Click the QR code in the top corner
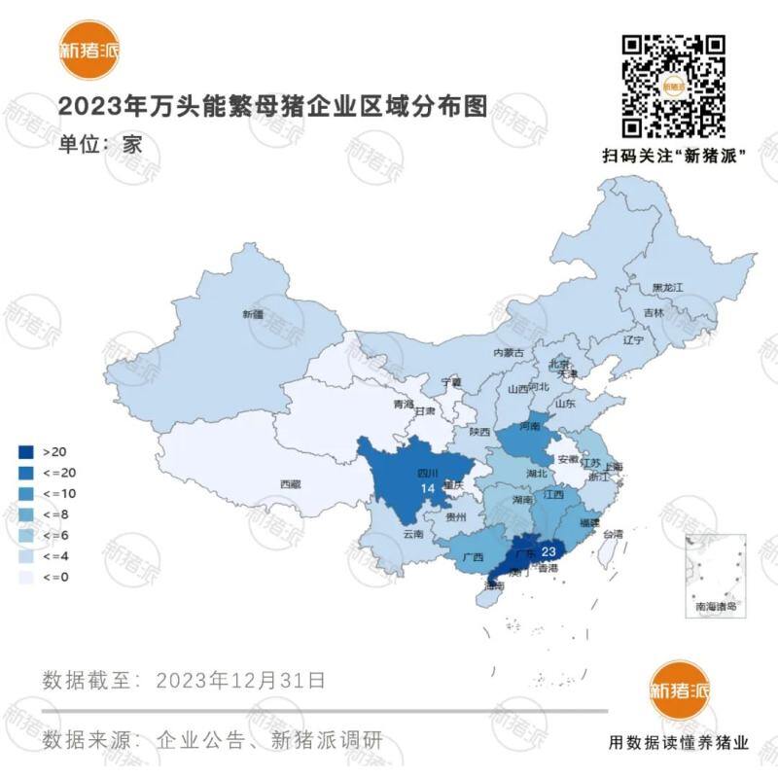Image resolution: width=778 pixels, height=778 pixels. tap(674, 86)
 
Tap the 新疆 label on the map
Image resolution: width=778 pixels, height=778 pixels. tap(253, 314)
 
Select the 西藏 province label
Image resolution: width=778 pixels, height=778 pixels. tap(290, 483)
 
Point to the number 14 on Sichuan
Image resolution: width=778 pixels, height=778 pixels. tap(427, 487)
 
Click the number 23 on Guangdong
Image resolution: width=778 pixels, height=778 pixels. tap(548, 550)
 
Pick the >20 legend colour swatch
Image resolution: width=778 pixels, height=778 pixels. tap(26, 452)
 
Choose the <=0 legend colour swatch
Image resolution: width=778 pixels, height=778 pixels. tap(26, 578)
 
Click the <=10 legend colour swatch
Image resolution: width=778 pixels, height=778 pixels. tap(26, 494)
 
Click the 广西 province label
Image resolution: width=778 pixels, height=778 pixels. tap(473, 557)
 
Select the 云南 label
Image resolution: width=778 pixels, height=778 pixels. tap(412, 534)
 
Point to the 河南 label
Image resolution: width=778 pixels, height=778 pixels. tap(529, 426)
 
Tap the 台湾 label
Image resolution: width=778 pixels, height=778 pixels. tap(614, 534)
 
